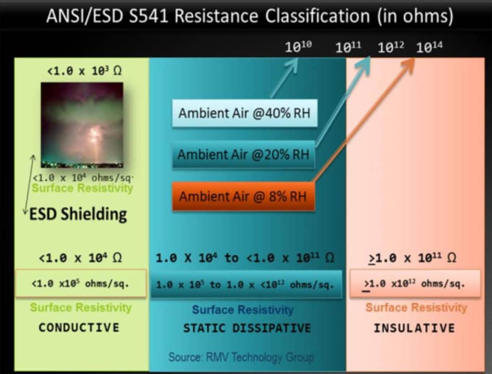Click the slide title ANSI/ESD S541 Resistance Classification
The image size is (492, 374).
(x=249, y=16)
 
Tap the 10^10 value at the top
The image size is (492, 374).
(x=298, y=47)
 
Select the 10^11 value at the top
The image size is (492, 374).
(x=348, y=47)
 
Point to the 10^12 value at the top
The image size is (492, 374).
(x=391, y=47)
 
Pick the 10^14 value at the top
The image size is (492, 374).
(x=429, y=47)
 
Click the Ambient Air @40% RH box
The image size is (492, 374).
(x=245, y=113)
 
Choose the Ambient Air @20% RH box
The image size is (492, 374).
(x=244, y=154)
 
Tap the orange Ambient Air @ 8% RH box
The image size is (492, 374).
(x=244, y=196)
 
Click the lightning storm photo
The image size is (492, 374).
(x=82, y=125)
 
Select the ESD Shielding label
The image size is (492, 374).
(x=78, y=214)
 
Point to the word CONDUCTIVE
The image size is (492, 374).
(x=79, y=328)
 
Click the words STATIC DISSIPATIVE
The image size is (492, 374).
(x=247, y=328)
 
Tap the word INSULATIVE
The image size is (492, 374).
(x=414, y=328)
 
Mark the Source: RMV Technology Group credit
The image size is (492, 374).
(x=241, y=357)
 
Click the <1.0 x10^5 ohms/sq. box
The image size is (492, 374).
(x=81, y=283)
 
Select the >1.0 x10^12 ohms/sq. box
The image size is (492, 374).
(x=415, y=283)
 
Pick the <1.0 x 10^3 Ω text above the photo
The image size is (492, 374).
(x=84, y=71)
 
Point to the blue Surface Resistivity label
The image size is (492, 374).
(x=243, y=310)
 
